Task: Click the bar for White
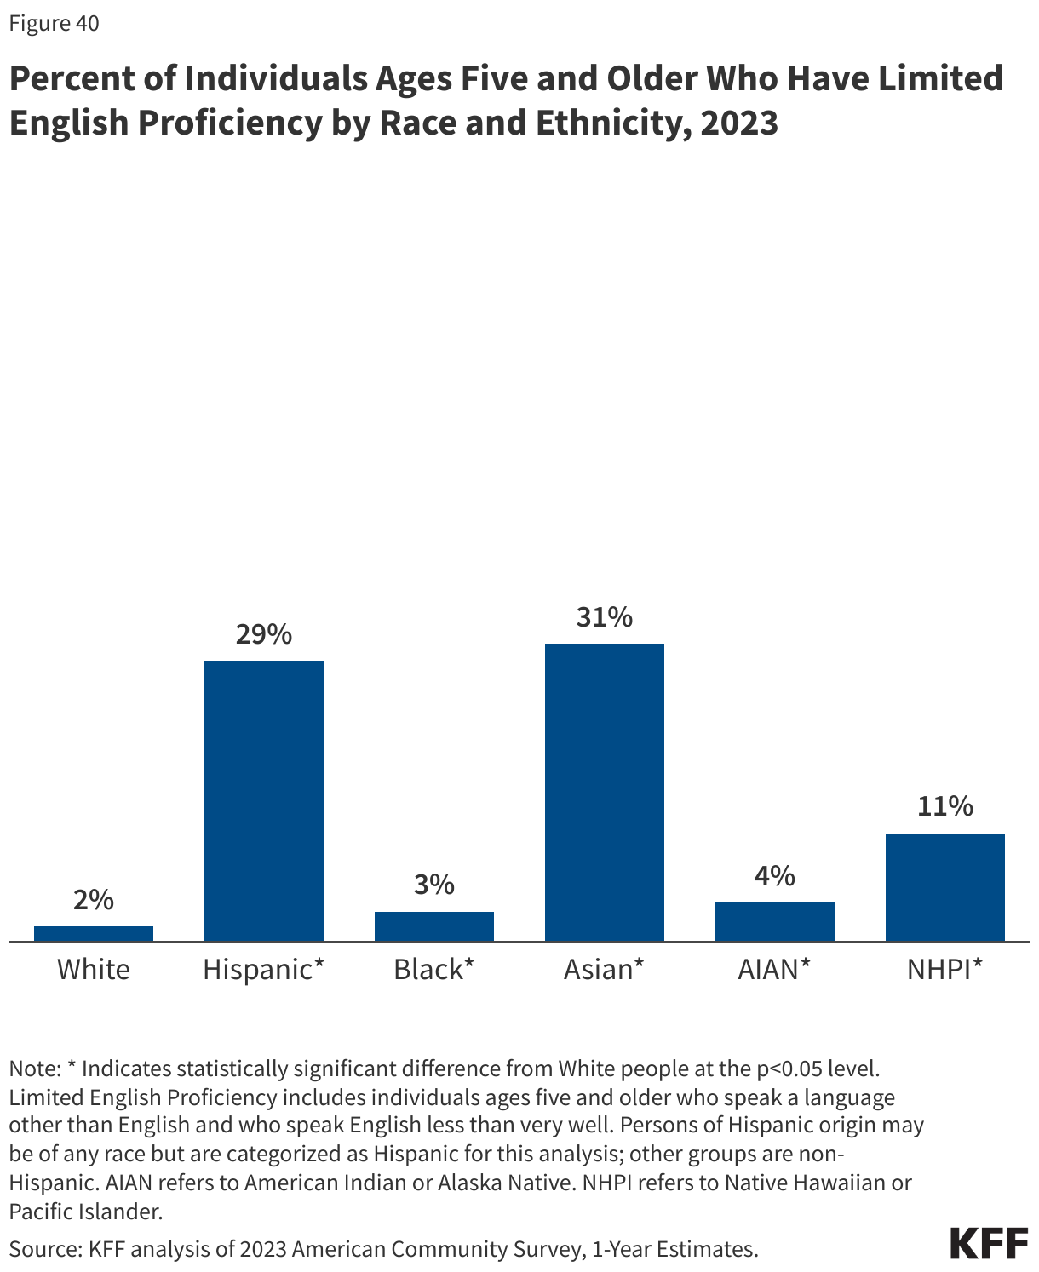(94, 933)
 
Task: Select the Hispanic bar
(264, 800)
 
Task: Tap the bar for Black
(434, 925)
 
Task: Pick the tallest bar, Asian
(605, 792)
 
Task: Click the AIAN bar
(775, 921)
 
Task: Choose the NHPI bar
(945, 887)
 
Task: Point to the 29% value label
(264, 634)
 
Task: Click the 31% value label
(605, 617)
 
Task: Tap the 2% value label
(94, 900)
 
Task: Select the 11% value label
(945, 806)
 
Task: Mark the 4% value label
(775, 875)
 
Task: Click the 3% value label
(434, 885)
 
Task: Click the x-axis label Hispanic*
(264, 969)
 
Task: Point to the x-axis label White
(94, 969)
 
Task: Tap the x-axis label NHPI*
(945, 969)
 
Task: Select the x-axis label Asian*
(605, 969)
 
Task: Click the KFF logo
(989, 1244)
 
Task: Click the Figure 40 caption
(55, 24)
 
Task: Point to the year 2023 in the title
(739, 123)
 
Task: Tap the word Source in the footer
(43, 1249)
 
